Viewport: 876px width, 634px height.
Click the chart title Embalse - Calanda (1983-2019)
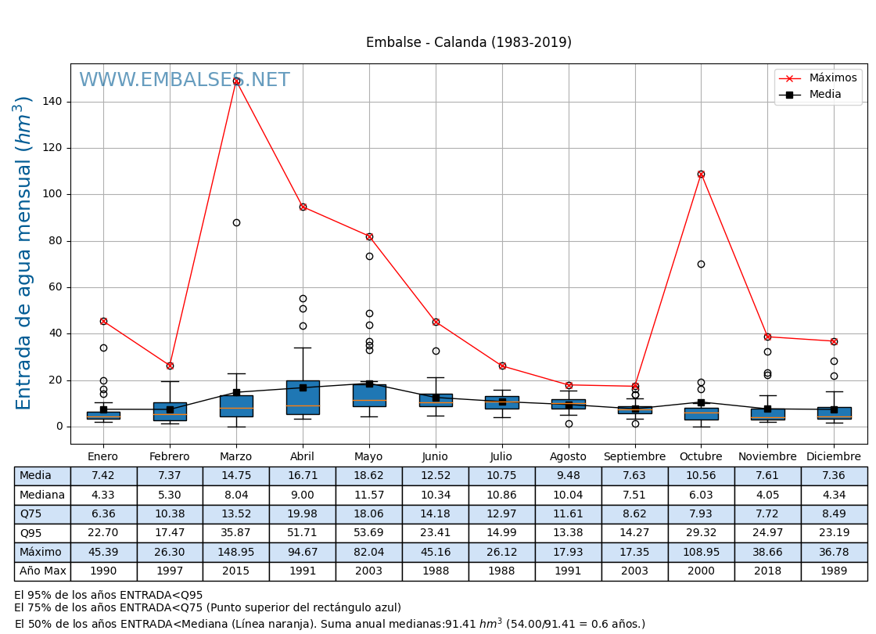(x=469, y=43)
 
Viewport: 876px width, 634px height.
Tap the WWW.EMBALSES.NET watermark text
(x=184, y=81)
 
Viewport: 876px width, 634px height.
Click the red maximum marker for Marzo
(x=236, y=81)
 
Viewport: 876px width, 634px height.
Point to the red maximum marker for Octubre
(x=701, y=174)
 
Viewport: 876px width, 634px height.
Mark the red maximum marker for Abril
(x=303, y=207)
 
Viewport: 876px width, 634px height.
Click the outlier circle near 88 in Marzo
(x=236, y=222)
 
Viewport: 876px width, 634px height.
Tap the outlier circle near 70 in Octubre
(x=701, y=264)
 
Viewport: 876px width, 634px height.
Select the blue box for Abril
(x=303, y=397)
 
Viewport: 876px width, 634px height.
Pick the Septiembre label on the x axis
(x=634, y=457)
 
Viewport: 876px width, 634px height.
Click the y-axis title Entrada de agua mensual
(x=24, y=253)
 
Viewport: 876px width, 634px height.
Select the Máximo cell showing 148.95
(x=235, y=553)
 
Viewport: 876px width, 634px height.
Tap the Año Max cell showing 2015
(x=235, y=571)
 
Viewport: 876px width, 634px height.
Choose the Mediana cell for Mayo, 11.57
(x=368, y=495)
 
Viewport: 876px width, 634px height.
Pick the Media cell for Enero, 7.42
(x=103, y=476)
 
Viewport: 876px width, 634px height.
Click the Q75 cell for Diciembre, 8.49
(x=834, y=514)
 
